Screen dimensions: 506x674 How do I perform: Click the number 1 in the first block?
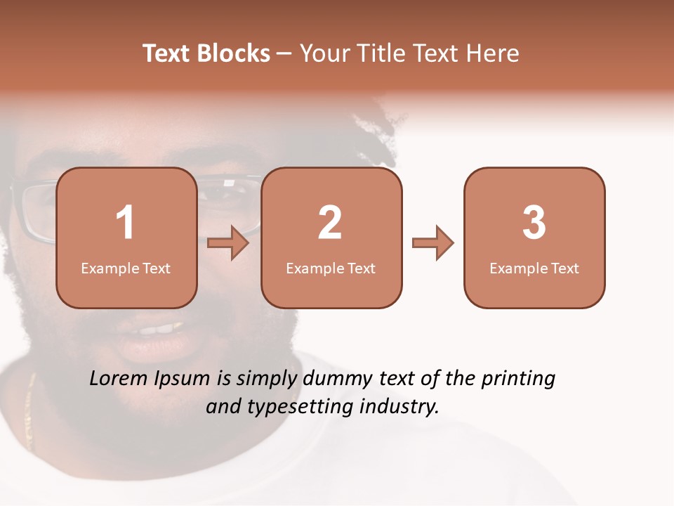[x=125, y=223]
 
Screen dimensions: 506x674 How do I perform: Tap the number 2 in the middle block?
[x=330, y=223]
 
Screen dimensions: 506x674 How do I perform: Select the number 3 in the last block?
[x=534, y=223]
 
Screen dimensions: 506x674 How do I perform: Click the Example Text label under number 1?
[x=126, y=268]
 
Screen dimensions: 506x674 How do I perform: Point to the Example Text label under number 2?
[x=331, y=268]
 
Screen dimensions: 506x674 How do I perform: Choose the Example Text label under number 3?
[x=534, y=268]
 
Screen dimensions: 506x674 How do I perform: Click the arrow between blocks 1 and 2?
[x=228, y=242]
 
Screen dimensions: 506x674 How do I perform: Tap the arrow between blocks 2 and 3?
[x=432, y=242]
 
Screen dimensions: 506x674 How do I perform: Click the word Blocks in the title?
[x=235, y=53]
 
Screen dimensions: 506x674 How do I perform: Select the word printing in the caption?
[x=517, y=379]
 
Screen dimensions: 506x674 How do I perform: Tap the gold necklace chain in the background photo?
[x=29, y=415]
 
